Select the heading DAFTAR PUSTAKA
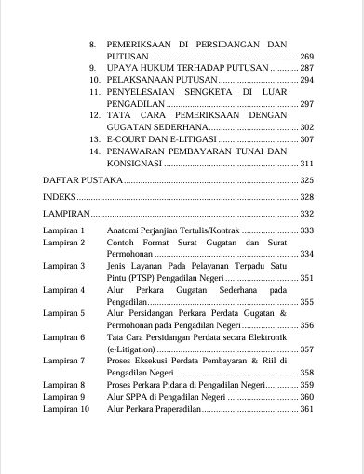(x=83, y=179)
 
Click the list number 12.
(x=95, y=113)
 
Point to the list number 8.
(x=92, y=45)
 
